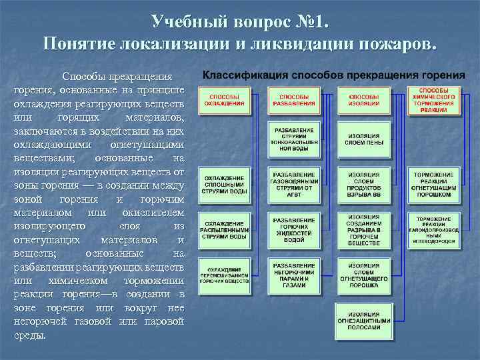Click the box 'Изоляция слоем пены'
pyautogui.click(x=363, y=139)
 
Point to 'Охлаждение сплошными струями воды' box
pyautogui.click(x=225, y=185)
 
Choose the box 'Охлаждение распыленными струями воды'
pyautogui.click(x=225, y=229)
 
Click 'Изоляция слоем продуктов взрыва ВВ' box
pyautogui.click(x=363, y=183)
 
